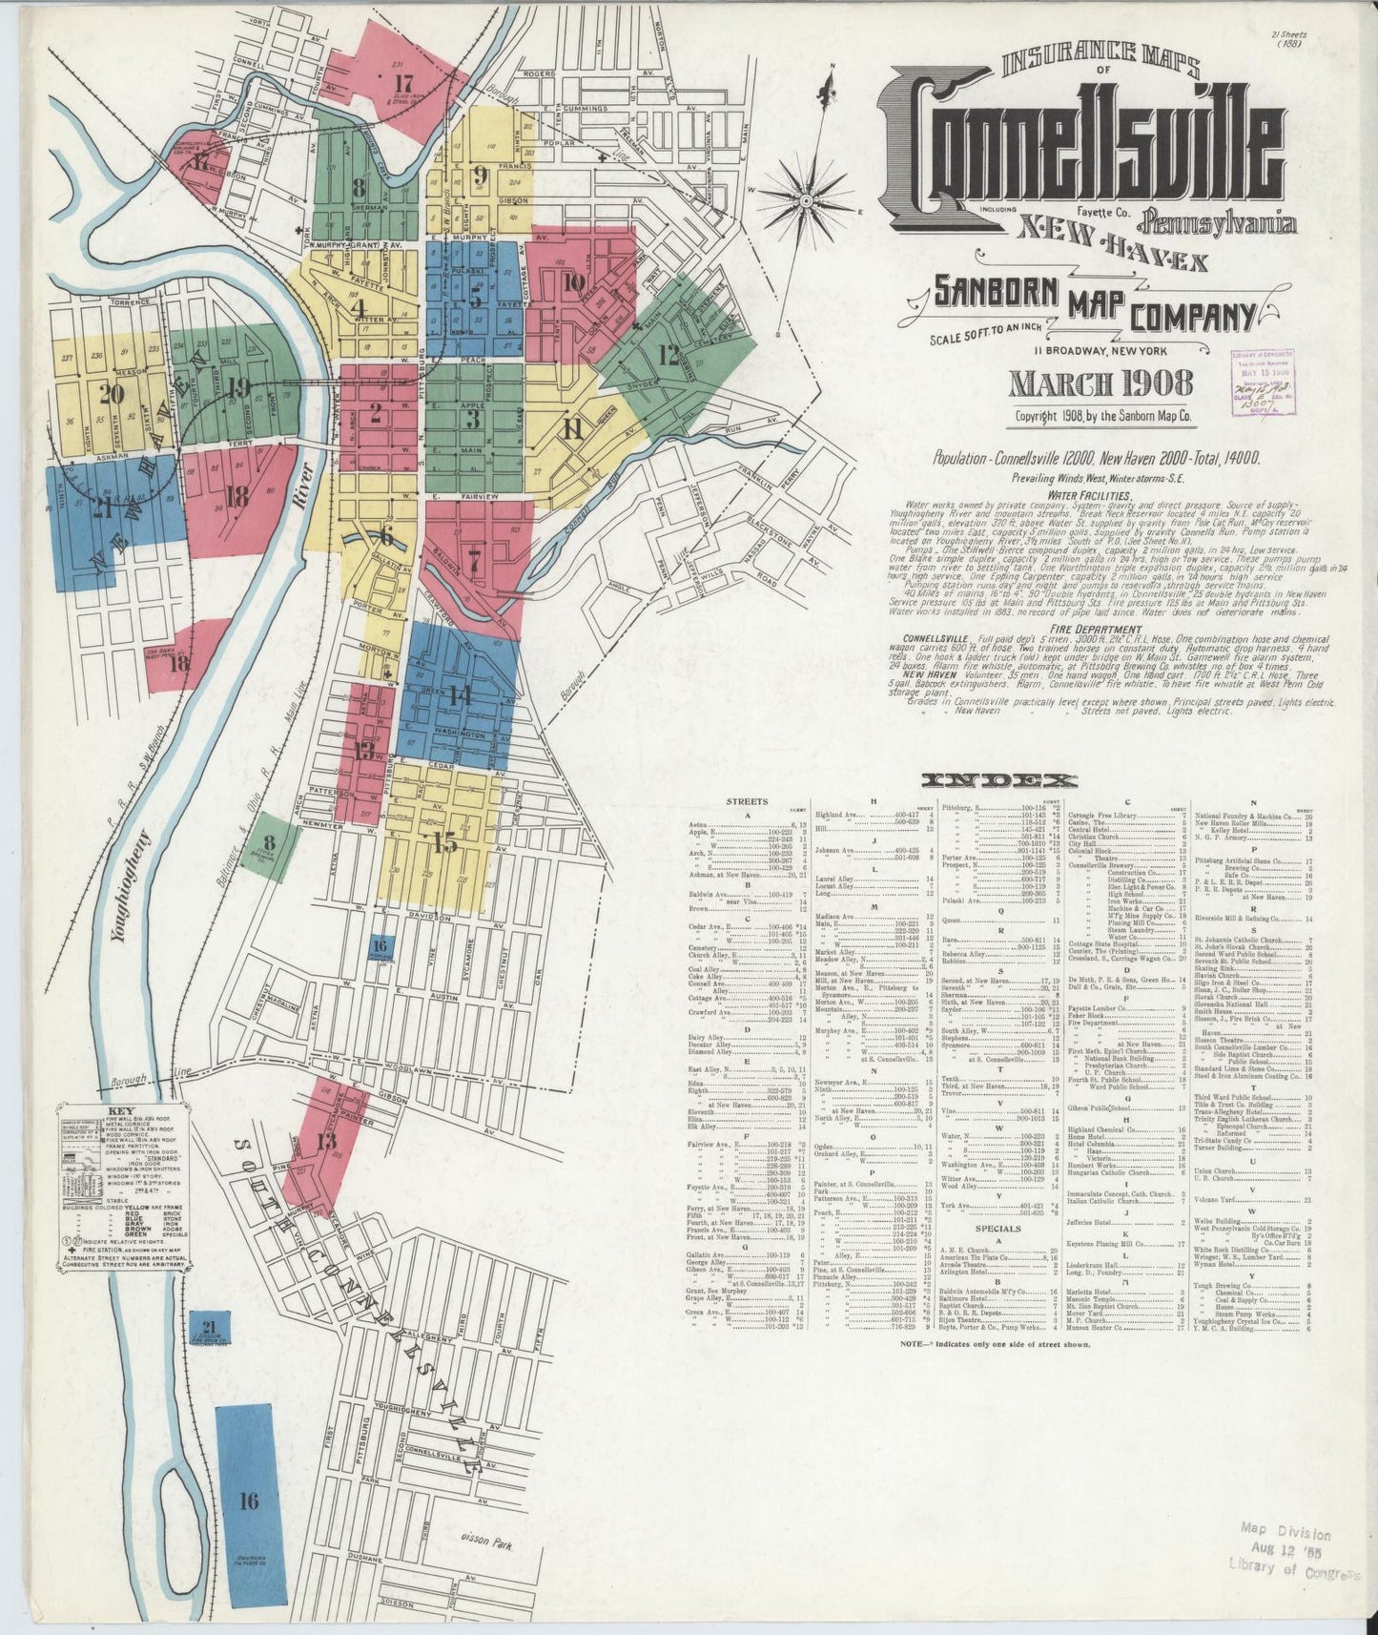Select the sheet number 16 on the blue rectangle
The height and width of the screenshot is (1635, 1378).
(x=249, y=1501)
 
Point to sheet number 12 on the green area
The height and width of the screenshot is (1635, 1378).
(x=668, y=355)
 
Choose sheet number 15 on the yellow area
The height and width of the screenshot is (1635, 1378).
(x=444, y=843)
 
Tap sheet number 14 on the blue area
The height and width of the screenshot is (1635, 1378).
(x=460, y=694)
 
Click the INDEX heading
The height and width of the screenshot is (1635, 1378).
(x=999, y=779)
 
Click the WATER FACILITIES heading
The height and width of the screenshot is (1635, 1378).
(x=1089, y=495)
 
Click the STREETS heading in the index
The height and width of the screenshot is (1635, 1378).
(x=746, y=801)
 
